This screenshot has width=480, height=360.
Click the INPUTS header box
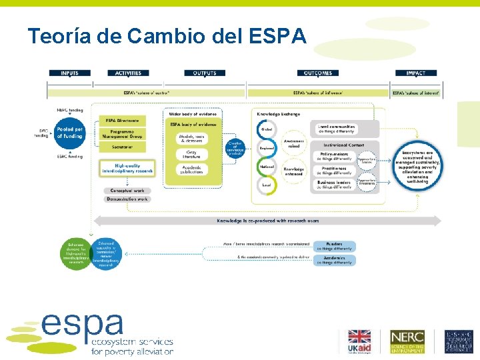(71, 73)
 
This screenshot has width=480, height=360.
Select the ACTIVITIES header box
(128, 73)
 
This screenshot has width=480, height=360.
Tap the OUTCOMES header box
(317, 73)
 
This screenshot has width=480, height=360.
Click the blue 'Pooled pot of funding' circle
(69, 133)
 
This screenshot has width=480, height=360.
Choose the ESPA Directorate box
(123, 120)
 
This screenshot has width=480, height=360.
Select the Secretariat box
(123, 147)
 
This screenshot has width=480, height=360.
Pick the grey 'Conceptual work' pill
(126, 190)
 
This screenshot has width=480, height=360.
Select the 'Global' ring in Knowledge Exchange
(267, 129)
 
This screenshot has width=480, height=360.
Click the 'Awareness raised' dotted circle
(294, 144)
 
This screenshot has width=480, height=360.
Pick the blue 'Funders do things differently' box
(334, 246)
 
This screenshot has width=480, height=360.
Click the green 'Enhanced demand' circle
(75, 253)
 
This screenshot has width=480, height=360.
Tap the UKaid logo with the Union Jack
(361, 341)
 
